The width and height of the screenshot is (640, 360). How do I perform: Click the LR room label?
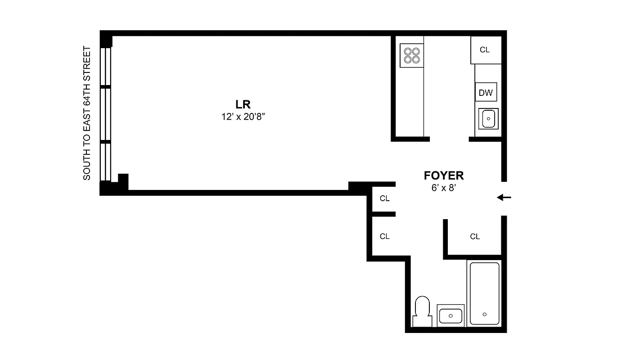pyautogui.click(x=243, y=104)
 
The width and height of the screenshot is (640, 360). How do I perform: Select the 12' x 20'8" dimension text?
pyautogui.click(x=243, y=117)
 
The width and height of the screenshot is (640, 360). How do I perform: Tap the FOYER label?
pyautogui.click(x=443, y=176)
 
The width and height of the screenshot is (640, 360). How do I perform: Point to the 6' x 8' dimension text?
pyautogui.click(x=444, y=188)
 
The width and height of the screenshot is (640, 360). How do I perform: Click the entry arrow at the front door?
pyautogui.click(x=504, y=198)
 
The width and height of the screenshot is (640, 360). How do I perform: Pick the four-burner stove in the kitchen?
pyautogui.click(x=412, y=55)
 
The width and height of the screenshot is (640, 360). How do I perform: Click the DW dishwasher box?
pyautogui.click(x=486, y=93)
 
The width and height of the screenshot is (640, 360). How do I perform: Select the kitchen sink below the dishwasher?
pyautogui.click(x=488, y=119)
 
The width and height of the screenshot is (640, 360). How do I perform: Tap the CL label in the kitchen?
pyautogui.click(x=485, y=50)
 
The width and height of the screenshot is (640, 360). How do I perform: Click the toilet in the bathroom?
pyautogui.click(x=422, y=310)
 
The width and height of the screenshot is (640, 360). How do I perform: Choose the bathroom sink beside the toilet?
pyautogui.click(x=451, y=315)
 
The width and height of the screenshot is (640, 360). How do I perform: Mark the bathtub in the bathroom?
pyautogui.click(x=485, y=293)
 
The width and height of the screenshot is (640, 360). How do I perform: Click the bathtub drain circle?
pyautogui.click(x=485, y=314)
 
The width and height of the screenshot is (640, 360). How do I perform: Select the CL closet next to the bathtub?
pyautogui.click(x=475, y=236)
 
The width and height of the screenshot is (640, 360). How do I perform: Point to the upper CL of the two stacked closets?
pyautogui.click(x=384, y=198)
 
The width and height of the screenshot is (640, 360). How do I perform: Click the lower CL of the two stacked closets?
pyautogui.click(x=384, y=236)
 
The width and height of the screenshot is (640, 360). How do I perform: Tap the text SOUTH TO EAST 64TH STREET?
pyautogui.click(x=87, y=113)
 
